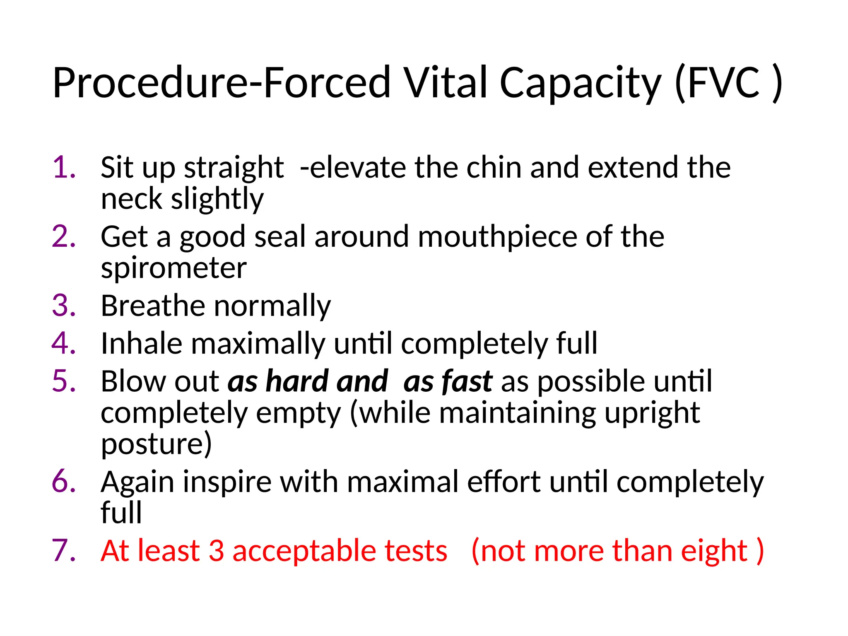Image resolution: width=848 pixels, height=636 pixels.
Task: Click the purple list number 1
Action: pyautogui.click(x=64, y=168)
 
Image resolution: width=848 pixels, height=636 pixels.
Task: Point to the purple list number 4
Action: pyautogui.click(x=64, y=344)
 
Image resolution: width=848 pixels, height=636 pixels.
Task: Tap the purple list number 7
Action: pyautogui.click(x=64, y=551)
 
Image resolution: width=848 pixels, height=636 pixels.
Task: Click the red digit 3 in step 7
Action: pyautogui.click(x=216, y=551)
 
